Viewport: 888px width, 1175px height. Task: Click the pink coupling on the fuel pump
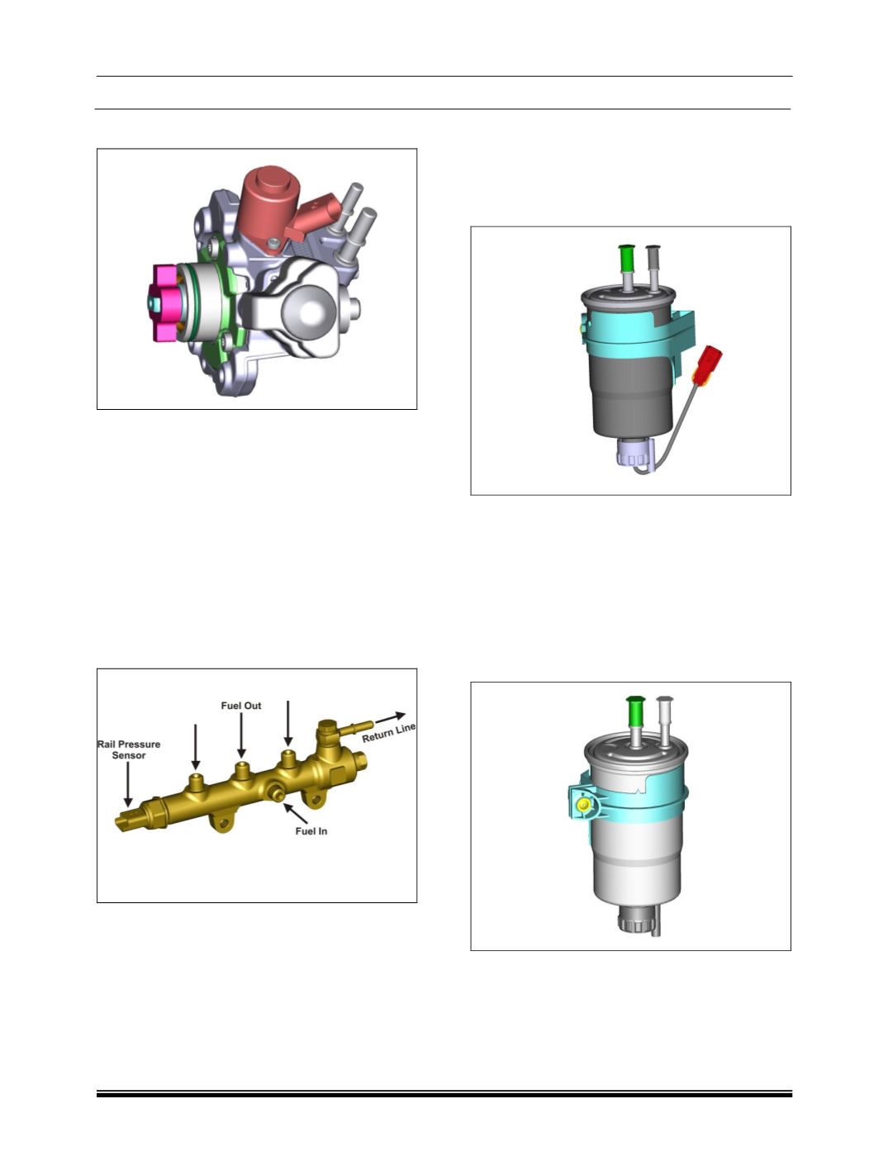(164, 302)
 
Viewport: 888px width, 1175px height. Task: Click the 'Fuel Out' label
(241, 706)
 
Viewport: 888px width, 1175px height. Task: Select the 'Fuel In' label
(311, 830)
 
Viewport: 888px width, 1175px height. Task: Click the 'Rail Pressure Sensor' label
(129, 749)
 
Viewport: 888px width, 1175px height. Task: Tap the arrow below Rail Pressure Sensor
(128, 785)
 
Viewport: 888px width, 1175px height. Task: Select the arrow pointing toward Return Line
(390, 717)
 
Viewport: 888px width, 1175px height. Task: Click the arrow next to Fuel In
(295, 813)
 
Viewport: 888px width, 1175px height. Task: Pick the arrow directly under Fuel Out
(241, 735)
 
